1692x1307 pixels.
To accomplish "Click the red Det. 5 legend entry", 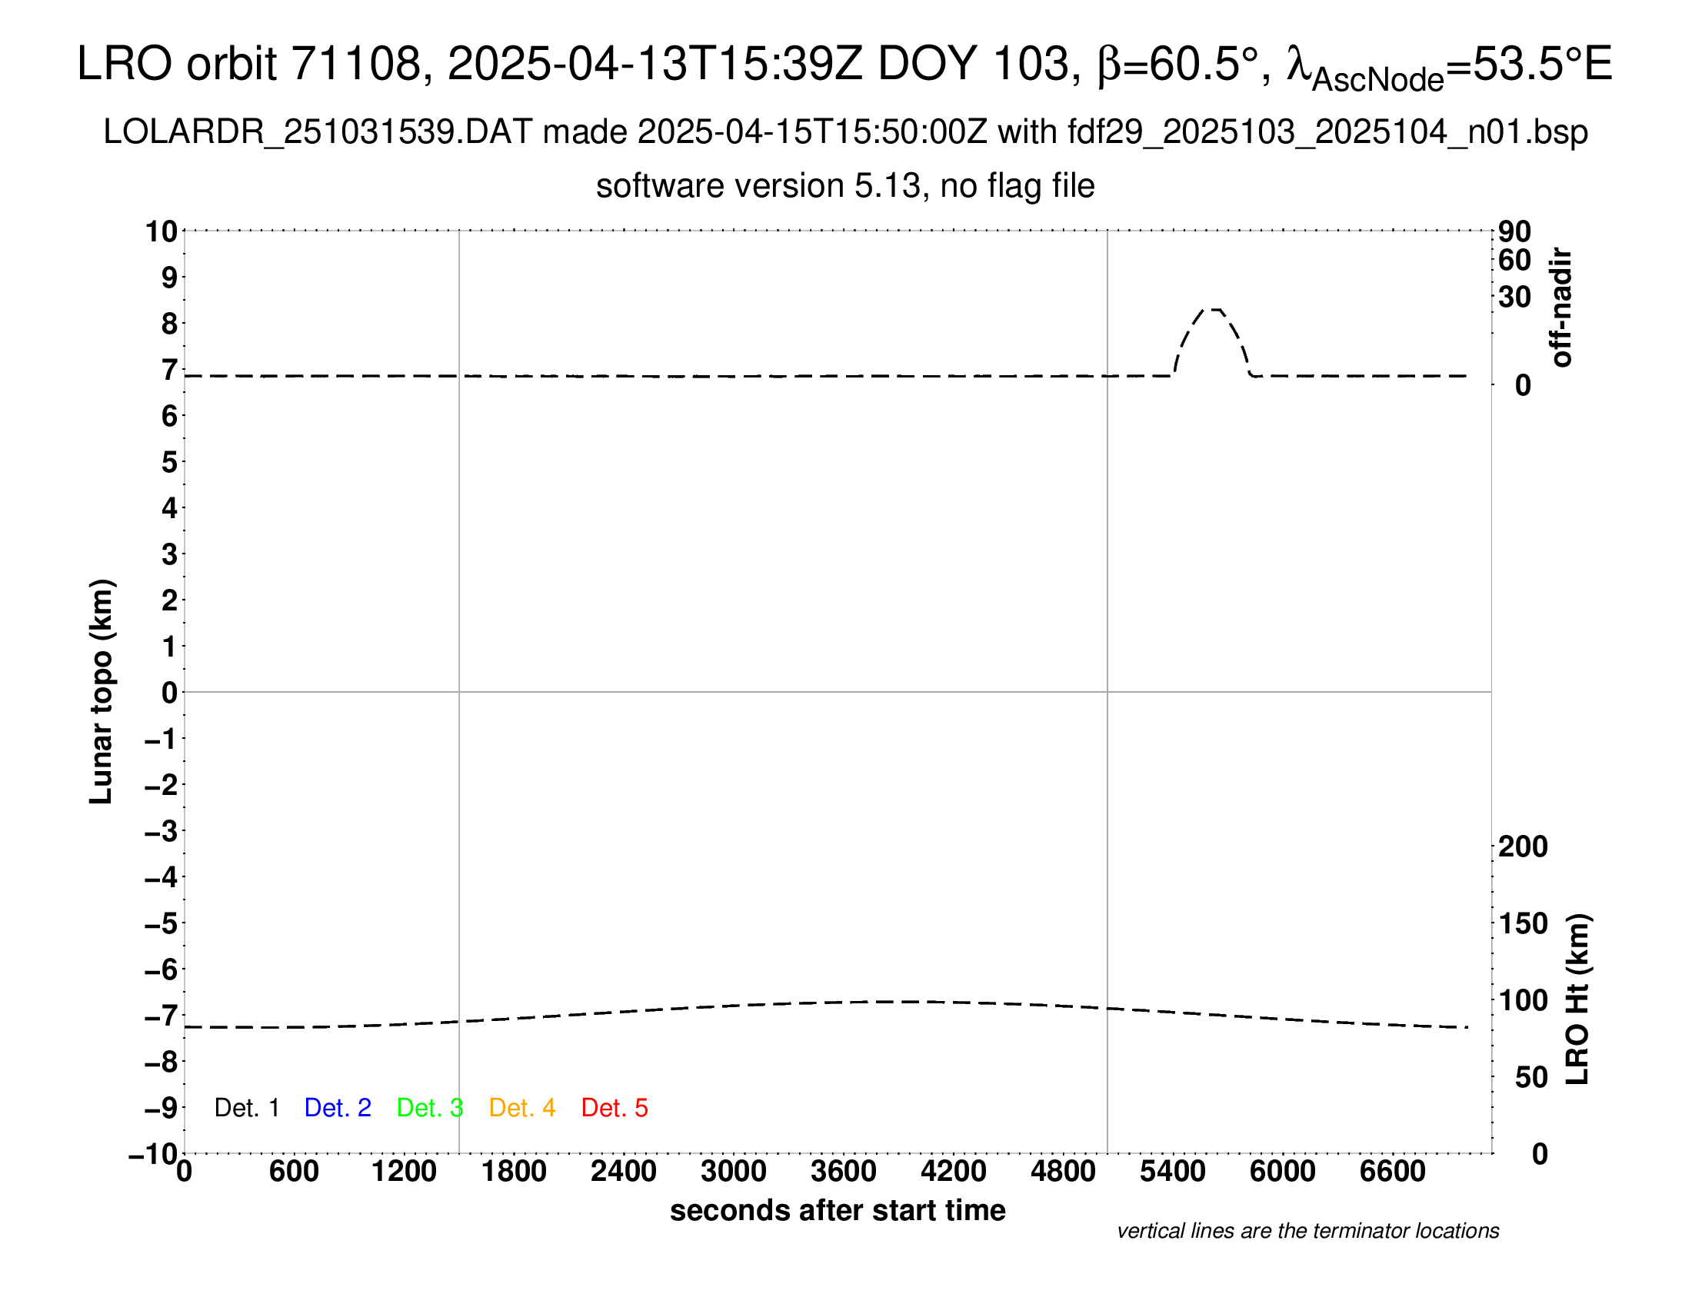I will pos(615,1108).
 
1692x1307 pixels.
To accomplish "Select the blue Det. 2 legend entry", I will pos(338,1108).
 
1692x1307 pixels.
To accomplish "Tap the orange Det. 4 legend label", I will pos(522,1108).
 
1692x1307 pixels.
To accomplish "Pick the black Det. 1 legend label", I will pos(246,1108).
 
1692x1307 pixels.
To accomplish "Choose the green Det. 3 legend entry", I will pos(430,1108).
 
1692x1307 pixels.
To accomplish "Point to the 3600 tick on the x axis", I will pos(844,1171).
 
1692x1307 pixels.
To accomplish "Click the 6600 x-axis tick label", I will pos(1393,1171).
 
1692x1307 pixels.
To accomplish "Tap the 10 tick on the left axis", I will pos(162,231).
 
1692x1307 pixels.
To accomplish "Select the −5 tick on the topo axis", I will pos(162,923).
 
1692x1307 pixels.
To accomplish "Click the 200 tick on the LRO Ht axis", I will pos(1523,846).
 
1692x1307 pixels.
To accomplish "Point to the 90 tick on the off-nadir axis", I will pos(1514,231).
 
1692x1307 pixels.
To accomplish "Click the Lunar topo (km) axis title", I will pos(102,691).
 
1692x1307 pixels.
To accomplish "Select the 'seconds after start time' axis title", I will pos(838,1210).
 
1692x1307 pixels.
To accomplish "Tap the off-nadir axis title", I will pos(1561,308).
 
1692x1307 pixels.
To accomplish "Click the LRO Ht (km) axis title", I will pos(1577,999).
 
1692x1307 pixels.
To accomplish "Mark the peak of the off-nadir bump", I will pos(1214,310).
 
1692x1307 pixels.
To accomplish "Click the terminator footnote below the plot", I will pos(1307,1231).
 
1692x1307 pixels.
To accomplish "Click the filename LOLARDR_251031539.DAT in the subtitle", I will pos(318,132).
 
